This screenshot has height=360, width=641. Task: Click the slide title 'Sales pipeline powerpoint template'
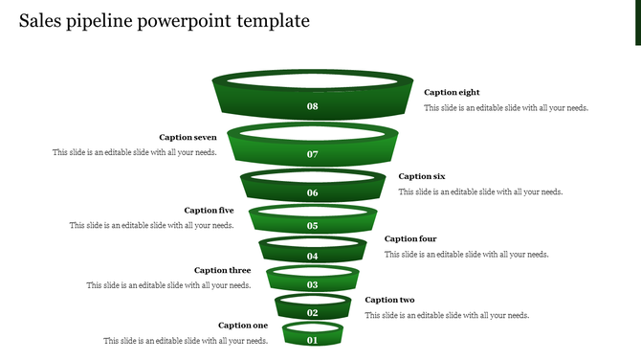164,21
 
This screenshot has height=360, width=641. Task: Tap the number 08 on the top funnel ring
313,106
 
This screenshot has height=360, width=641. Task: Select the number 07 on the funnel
313,154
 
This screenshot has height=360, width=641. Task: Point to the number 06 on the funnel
313,193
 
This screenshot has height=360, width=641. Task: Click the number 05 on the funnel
313,227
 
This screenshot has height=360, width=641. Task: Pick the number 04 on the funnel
313,257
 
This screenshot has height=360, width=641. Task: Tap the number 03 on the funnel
313,285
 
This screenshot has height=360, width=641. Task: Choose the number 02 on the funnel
313,313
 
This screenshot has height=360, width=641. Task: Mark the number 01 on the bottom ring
313,340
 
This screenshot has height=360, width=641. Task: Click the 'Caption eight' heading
452,93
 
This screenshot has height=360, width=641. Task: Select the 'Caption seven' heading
188,137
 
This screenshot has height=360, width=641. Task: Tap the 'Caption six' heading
422,176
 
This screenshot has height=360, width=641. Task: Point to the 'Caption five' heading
209,210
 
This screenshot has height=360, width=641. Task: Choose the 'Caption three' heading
222,270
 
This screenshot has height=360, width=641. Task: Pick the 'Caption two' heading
389,300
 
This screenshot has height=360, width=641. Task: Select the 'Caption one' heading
243,326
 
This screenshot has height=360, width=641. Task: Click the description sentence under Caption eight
506,108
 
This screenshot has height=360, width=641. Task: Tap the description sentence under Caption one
186,341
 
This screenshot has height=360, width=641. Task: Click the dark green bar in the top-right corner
638,22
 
